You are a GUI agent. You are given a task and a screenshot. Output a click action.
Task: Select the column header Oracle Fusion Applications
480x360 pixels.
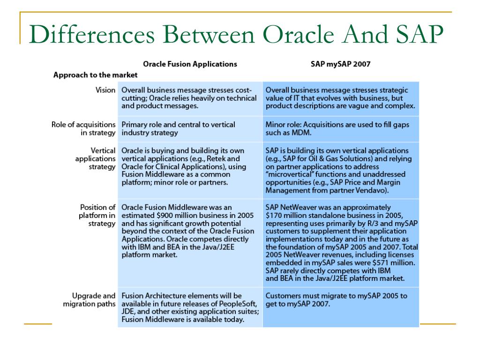click(x=190, y=64)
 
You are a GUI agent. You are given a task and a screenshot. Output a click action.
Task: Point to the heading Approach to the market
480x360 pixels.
click(x=95, y=75)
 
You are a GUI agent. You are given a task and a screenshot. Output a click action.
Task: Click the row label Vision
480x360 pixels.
click(x=105, y=90)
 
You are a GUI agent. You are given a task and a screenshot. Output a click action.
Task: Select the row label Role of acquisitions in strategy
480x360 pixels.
click(x=83, y=129)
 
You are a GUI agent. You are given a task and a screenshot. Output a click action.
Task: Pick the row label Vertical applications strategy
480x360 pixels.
click(x=95, y=159)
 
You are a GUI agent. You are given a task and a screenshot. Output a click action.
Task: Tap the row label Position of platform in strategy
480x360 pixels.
click(x=97, y=215)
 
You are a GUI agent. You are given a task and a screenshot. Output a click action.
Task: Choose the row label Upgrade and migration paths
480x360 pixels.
click(x=89, y=300)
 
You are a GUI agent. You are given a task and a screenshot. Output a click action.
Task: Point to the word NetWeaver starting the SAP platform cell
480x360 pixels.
click(x=299, y=207)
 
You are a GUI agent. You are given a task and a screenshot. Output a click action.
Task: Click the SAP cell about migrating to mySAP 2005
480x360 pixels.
click(x=336, y=300)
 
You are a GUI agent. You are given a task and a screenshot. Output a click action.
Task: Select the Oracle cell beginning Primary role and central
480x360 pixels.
click(x=178, y=128)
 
